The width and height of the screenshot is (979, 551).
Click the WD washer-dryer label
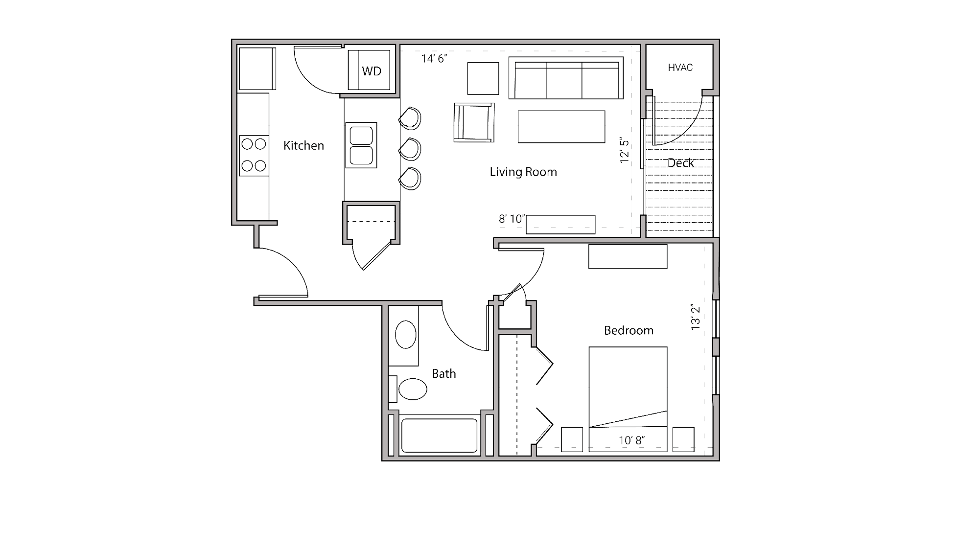tap(372, 71)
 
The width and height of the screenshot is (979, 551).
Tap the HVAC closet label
tap(680, 68)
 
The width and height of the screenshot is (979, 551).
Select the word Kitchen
tap(303, 145)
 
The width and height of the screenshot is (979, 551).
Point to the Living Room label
tap(523, 172)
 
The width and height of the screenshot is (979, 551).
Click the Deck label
tap(680, 163)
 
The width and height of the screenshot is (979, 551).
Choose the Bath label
tap(443, 374)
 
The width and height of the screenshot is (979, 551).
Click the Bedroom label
tap(629, 331)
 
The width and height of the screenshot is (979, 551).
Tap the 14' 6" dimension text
tap(434, 59)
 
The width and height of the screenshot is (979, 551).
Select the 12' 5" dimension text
tap(624, 150)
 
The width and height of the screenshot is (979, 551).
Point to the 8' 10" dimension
tap(512, 219)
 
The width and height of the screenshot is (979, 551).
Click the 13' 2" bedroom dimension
tap(696, 317)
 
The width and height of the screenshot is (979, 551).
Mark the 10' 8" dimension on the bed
tap(631, 440)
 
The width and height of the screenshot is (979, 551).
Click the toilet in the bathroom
tap(411, 390)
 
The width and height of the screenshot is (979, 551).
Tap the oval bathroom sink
tap(405, 334)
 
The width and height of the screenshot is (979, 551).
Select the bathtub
tap(439, 435)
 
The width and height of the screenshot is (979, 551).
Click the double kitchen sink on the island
tap(361, 145)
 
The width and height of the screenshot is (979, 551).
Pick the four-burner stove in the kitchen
tap(254, 155)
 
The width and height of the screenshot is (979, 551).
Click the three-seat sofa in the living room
tap(566, 78)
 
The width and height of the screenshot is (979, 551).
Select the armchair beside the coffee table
tap(473, 122)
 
